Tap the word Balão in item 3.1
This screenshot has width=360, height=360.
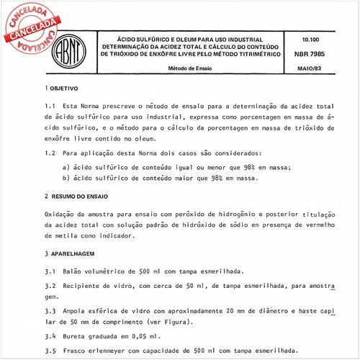pyautogui.click(x=76, y=272)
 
